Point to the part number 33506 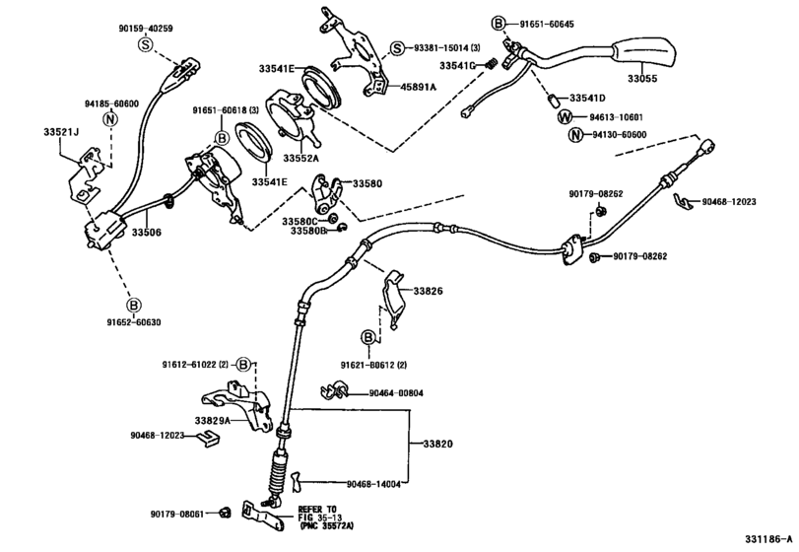tap(146, 233)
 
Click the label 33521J tap(62, 132)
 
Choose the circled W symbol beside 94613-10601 tap(565, 117)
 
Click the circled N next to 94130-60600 tap(565, 135)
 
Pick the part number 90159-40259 tap(145, 28)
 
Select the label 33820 tap(437, 446)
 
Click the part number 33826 tap(428, 291)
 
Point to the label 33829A tap(212, 421)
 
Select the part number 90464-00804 tap(396, 393)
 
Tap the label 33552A tap(302, 158)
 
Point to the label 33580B tap(308, 232)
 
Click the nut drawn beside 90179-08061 tap(224, 512)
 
